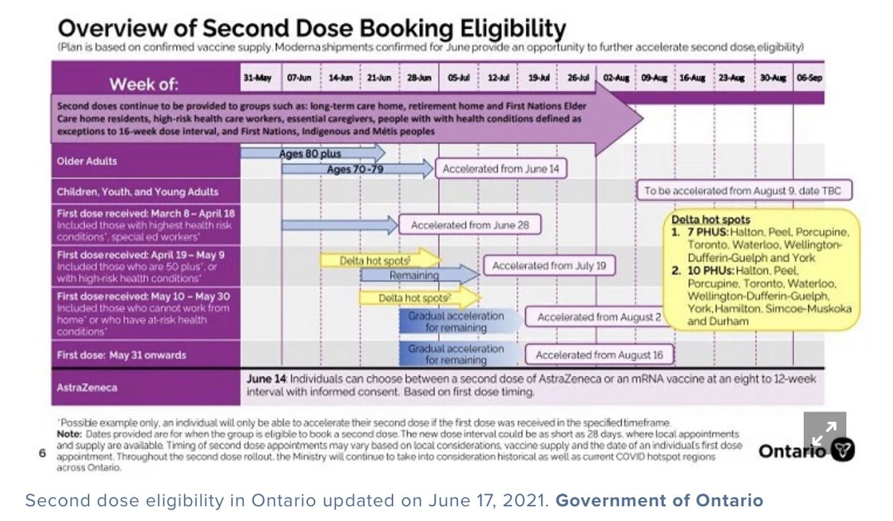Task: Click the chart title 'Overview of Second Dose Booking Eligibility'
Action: click(311, 29)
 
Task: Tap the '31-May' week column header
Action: click(255, 77)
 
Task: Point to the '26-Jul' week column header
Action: click(577, 77)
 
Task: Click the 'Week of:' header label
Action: click(144, 83)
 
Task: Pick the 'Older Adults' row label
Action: click(87, 161)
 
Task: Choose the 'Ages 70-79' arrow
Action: click(356, 170)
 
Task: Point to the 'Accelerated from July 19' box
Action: click(549, 265)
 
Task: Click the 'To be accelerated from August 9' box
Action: click(743, 191)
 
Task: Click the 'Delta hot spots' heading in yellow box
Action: click(711, 220)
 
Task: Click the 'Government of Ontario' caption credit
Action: click(659, 500)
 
